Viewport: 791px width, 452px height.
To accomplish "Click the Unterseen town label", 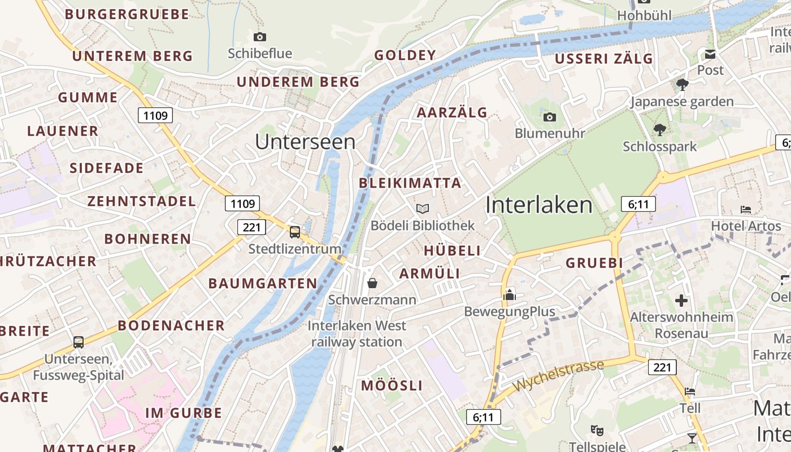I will (x=305, y=142).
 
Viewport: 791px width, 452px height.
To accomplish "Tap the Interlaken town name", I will (x=539, y=205).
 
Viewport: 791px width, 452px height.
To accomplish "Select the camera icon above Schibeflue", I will (x=260, y=37).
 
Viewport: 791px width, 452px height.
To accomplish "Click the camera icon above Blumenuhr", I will (x=549, y=117).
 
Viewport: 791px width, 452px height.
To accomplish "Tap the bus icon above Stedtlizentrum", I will (x=294, y=232).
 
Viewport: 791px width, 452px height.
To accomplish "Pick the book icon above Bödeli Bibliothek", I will (x=423, y=208).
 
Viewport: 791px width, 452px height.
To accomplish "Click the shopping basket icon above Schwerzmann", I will (x=372, y=282).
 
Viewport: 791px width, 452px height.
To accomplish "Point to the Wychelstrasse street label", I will (x=558, y=376).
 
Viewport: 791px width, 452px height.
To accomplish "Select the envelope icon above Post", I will (x=710, y=54).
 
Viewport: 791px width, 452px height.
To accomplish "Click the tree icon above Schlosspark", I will (x=659, y=130).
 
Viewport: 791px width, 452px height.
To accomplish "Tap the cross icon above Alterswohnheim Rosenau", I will (x=681, y=300).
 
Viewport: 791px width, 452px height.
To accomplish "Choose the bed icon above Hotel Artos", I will (x=746, y=210).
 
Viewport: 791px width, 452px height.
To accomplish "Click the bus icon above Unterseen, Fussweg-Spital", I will (x=79, y=342).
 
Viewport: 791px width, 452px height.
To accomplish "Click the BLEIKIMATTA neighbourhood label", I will (x=410, y=183).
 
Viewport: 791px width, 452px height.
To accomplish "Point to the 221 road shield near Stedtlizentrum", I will (x=251, y=228).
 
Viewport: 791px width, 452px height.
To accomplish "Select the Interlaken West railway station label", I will (x=357, y=333).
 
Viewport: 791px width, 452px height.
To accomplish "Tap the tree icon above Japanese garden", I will (x=682, y=85).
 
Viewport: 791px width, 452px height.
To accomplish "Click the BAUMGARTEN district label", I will (x=263, y=284).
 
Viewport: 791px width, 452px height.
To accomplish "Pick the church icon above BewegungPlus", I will (x=510, y=294).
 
